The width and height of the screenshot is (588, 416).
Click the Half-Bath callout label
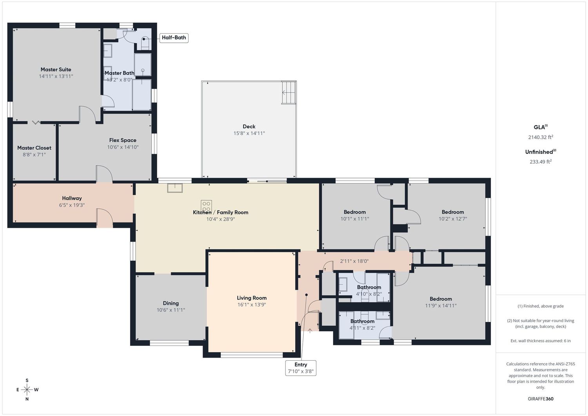(174, 38)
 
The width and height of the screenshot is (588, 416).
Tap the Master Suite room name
(56, 70)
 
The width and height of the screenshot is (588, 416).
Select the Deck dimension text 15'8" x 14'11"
(249, 133)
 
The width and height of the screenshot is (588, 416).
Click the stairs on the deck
(289, 93)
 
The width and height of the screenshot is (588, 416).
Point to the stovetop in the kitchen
(206, 206)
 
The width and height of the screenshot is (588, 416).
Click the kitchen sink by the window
(175, 188)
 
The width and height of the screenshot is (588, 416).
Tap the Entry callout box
(301, 368)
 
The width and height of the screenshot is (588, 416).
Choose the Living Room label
(252, 298)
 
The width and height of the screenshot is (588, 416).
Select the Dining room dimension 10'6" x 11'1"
(171, 310)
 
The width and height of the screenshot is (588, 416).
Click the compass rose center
(27, 389)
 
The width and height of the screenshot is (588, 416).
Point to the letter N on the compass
(27, 399)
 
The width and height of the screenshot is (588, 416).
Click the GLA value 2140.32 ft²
(541, 137)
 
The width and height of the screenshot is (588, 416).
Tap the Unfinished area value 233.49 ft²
(541, 162)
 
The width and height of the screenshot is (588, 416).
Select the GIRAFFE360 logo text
(541, 399)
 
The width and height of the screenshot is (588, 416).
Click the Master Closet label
(34, 148)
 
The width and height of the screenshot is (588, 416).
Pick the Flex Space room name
(123, 140)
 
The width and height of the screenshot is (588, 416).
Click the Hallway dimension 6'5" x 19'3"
(72, 205)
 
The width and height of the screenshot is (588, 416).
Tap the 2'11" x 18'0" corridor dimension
(354, 261)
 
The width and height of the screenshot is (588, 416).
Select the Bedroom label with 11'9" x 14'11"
(441, 299)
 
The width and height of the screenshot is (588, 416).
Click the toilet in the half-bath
(145, 44)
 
